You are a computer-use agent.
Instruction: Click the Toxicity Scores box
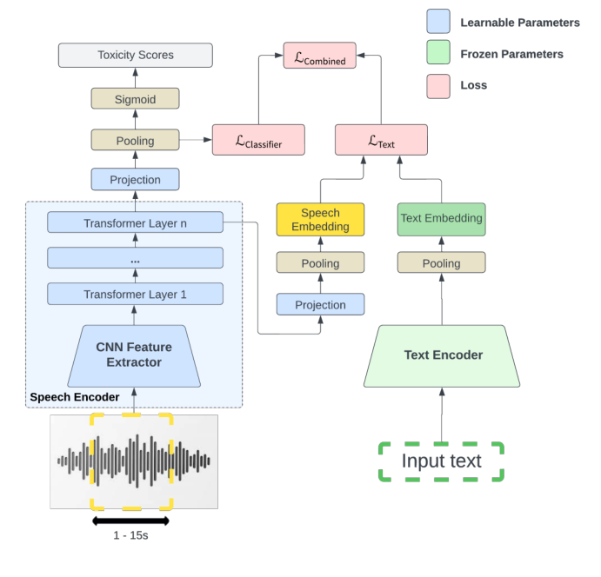click(135, 55)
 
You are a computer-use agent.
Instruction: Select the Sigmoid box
click(135, 98)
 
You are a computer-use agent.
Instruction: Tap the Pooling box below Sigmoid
click(135, 140)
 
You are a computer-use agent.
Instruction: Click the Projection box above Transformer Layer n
click(135, 180)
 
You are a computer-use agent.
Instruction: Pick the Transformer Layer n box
click(135, 222)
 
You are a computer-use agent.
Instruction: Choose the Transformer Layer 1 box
click(135, 294)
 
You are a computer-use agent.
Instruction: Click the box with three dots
click(135, 258)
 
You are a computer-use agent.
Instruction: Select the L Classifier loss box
click(258, 139)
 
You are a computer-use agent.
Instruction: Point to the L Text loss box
click(381, 139)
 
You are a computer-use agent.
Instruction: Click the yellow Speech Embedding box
click(320, 220)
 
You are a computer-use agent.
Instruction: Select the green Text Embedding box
click(441, 219)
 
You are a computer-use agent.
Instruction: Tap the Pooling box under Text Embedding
click(441, 262)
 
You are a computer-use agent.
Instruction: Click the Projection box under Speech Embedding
click(320, 304)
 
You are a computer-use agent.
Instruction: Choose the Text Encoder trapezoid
click(443, 355)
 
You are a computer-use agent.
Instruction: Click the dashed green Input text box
click(441, 461)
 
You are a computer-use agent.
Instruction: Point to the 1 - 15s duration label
click(130, 535)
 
